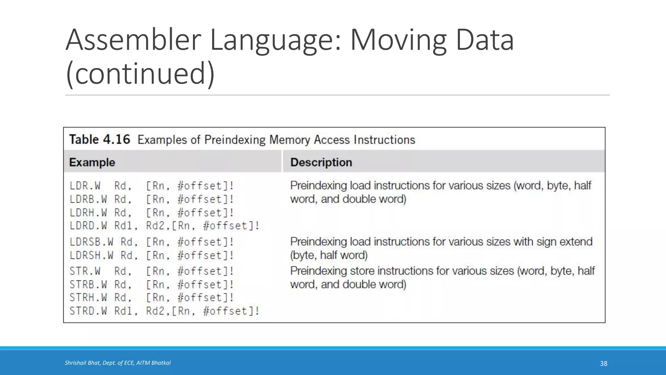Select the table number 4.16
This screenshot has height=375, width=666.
[x=116, y=140]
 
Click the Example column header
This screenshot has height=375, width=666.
[x=92, y=162]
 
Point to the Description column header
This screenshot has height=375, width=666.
[x=321, y=162]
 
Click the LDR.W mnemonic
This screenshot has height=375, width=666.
[x=85, y=186]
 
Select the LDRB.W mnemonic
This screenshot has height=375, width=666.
[x=88, y=199]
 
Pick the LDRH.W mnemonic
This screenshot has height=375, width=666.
[x=88, y=213]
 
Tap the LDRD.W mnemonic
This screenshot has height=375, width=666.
[x=88, y=226]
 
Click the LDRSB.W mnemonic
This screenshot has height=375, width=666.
[x=91, y=242]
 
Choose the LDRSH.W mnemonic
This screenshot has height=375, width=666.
[x=91, y=255]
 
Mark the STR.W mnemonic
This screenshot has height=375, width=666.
[x=85, y=271]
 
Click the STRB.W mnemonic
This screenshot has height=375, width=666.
[x=88, y=285]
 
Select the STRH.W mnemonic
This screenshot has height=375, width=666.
[x=88, y=298]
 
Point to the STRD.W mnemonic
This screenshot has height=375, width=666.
[x=88, y=311]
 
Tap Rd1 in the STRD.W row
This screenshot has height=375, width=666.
[x=124, y=311]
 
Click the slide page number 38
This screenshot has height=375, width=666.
[x=604, y=363]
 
